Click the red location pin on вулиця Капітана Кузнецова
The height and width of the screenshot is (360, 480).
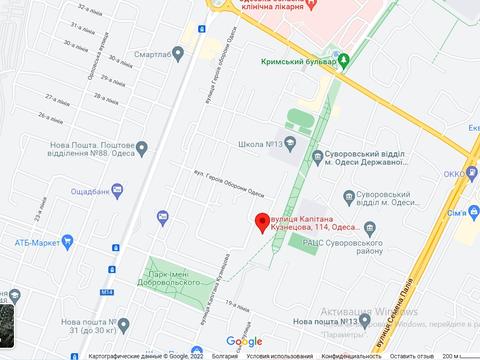(262, 221)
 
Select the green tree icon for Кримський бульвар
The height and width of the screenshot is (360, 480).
(343, 62)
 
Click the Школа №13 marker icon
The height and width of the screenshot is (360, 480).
(291, 145)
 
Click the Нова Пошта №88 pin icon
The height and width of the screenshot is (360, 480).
(141, 149)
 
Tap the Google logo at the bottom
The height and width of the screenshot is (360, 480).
(243, 340)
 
